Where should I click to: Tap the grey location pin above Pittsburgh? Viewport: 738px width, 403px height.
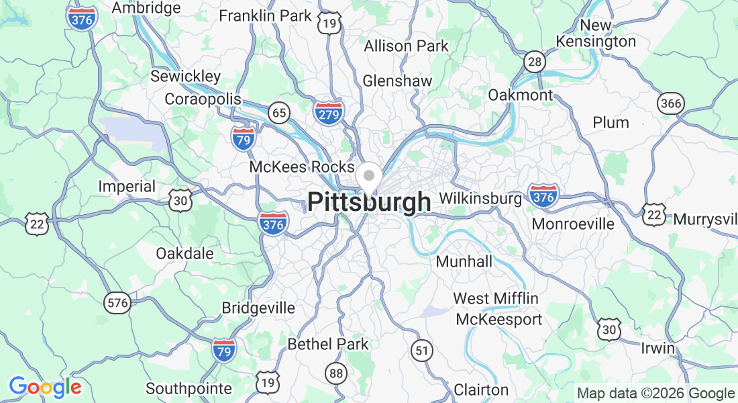pyautogui.click(x=368, y=177)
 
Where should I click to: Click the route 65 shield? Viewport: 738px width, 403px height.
pyautogui.click(x=279, y=112)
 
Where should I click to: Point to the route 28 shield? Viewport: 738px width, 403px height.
pyautogui.click(x=535, y=62)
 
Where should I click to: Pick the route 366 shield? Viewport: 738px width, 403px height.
pyautogui.click(x=671, y=103)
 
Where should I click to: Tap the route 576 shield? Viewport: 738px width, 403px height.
pyautogui.click(x=117, y=303)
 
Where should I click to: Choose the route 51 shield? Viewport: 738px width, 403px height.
pyautogui.click(x=421, y=350)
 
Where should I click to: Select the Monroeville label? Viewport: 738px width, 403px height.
pyautogui.click(x=573, y=224)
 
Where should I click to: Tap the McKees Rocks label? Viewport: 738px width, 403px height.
pyautogui.click(x=301, y=167)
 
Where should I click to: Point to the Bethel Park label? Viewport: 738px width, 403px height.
pyautogui.click(x=328, y=344)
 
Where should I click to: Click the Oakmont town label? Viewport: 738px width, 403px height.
pyautogui.click(x=520, y=95)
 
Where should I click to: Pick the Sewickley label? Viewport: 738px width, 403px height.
pyautogui.click(x=185, y=76)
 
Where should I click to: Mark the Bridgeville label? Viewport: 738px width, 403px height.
pyautogui.click(x=258, y=308)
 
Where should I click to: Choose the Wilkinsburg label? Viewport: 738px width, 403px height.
pyautogui.click(x=480, y=199)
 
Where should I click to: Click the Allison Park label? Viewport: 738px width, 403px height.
pyautogui.click(x=406, y=46)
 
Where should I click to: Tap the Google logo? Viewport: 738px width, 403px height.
pyautogui.click(x=45, y=387)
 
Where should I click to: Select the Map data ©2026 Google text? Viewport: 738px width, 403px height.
pyautogui.click(x=656, y=394)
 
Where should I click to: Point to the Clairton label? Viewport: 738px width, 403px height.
pyautogui.click(x=481, y=390)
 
